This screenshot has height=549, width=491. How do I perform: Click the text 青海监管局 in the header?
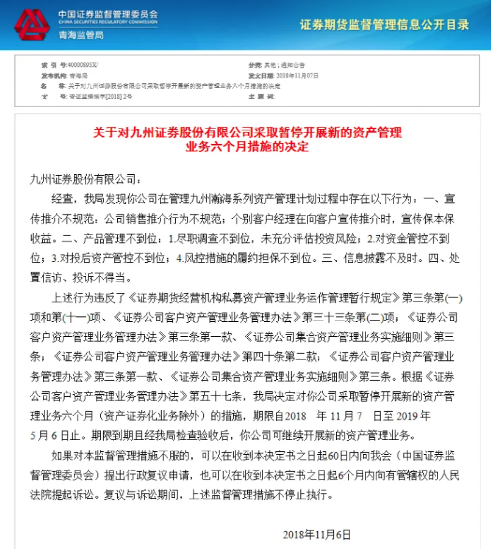point(81,35)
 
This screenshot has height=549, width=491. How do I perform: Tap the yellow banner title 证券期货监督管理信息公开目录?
point(384,25)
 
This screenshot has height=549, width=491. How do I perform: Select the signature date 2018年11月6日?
point(316,534)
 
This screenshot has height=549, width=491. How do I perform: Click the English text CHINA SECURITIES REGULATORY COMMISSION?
point(108,22)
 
